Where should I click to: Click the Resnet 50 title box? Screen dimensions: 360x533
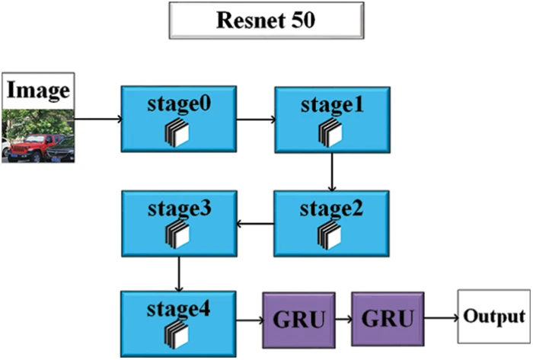click(266, 21)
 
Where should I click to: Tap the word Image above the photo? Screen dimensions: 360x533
click(38, 92)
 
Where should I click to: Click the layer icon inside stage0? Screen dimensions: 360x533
click(177, 133)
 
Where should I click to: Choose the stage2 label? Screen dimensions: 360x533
click(331, 206)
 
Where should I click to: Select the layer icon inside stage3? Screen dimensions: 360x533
click(177, 233)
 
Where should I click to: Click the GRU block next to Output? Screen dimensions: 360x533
click(387, 317)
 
